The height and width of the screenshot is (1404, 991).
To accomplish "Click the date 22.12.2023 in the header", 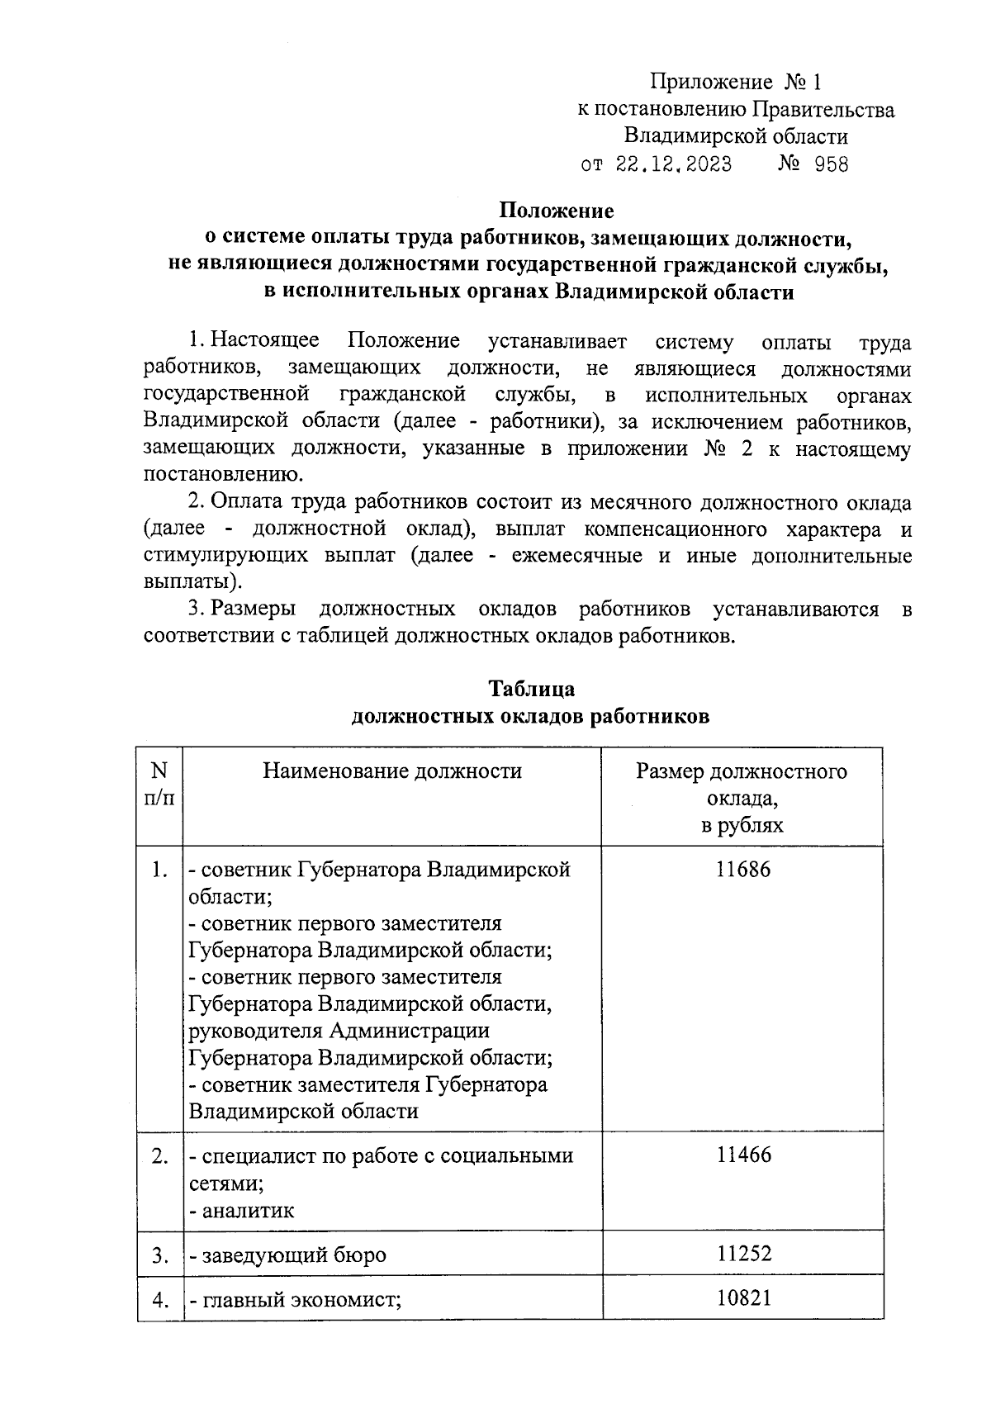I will click(673, 164).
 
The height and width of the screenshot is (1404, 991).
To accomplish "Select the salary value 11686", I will click(743, 869).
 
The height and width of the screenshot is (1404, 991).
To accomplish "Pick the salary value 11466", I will click(743, 1155).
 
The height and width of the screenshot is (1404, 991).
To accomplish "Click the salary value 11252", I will click(743, 1254).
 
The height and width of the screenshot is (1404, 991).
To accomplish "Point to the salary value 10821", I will click(743, 1298).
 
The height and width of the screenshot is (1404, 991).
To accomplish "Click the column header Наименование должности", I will click(392, 771).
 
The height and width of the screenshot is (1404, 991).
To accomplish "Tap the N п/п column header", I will click(159, 785).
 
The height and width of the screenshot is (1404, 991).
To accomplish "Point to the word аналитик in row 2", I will click(247, 1212).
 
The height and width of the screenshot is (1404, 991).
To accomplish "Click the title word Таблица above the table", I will click(531, 689).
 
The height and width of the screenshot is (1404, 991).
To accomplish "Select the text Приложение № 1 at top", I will click(737, 83).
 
